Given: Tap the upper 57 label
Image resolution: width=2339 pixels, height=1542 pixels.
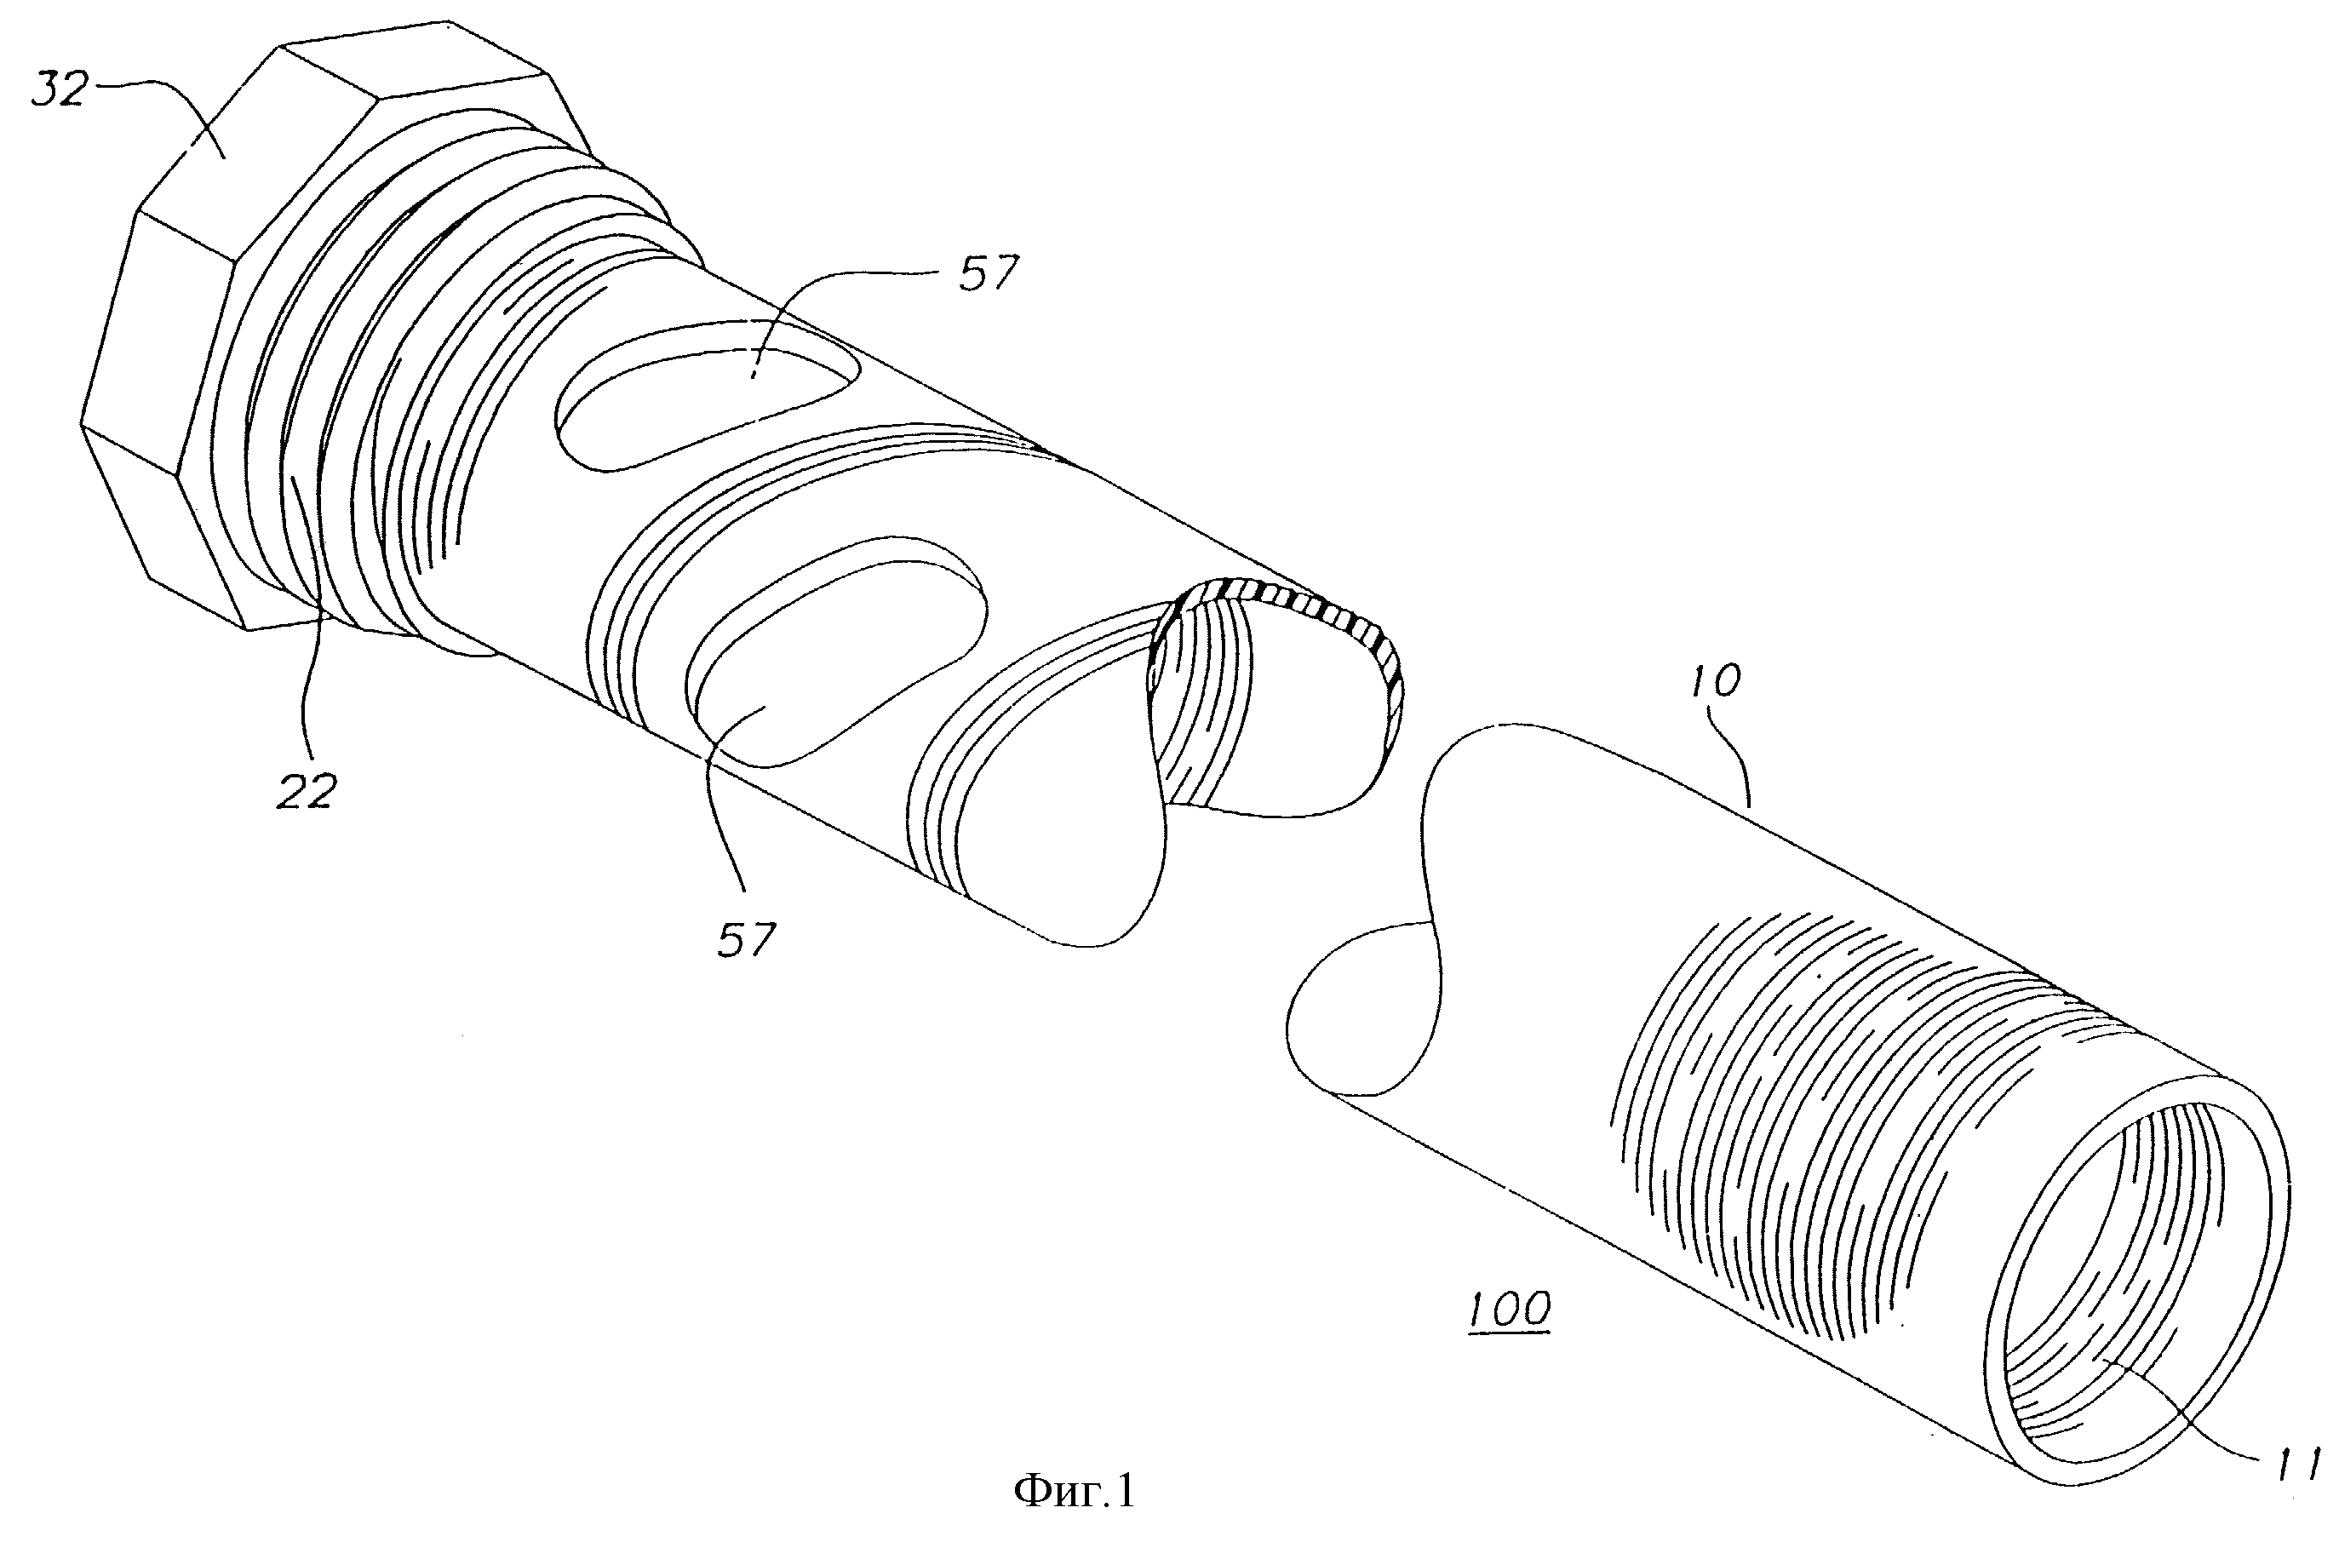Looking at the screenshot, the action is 986,272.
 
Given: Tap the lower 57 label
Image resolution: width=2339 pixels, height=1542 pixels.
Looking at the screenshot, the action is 746,938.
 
